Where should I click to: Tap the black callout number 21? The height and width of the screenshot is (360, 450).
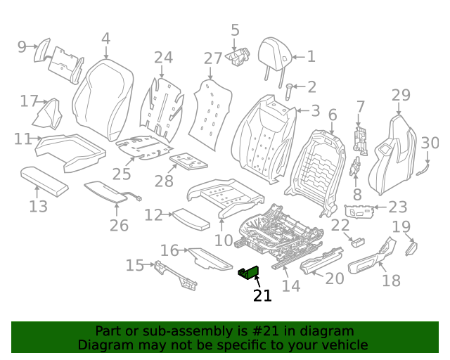[262, 296]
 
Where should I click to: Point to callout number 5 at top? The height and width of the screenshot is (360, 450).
[235, 30]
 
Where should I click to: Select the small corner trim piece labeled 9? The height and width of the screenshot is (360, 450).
[41, 50]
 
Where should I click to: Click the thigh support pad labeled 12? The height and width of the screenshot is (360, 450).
[191, 218]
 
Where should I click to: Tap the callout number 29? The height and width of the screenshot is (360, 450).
[400, 95]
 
